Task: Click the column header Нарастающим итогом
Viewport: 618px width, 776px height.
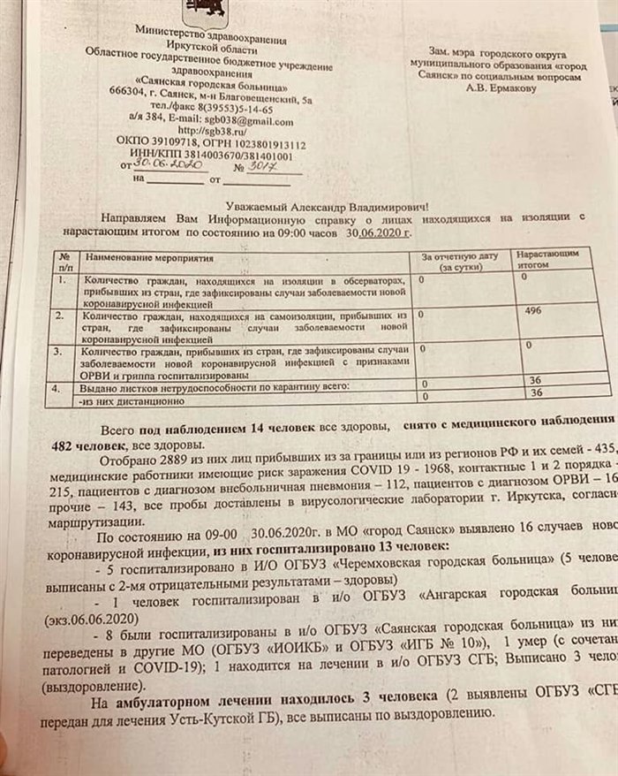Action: (x=548, y=257)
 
